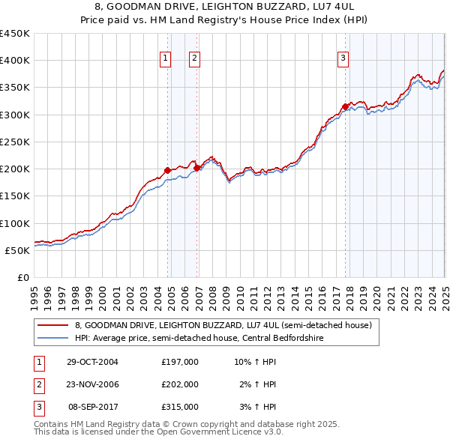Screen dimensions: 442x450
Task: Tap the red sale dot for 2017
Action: pyautogui.click(x=345, y=106)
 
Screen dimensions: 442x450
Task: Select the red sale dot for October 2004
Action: pyautogui.click(x=167, y=170)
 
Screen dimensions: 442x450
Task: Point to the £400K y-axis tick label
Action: pyautogui.click(x=15, y=61)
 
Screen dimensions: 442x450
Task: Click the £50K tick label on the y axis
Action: pyautogui.click(x=18, y=250)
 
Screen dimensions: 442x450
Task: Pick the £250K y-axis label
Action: pyautogui.click(x=15, y=142)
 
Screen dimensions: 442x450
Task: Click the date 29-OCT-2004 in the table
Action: pyautogui.click(x=92, y=362)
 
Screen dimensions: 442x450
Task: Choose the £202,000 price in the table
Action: pyautogui.click(x=180, y=384)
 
